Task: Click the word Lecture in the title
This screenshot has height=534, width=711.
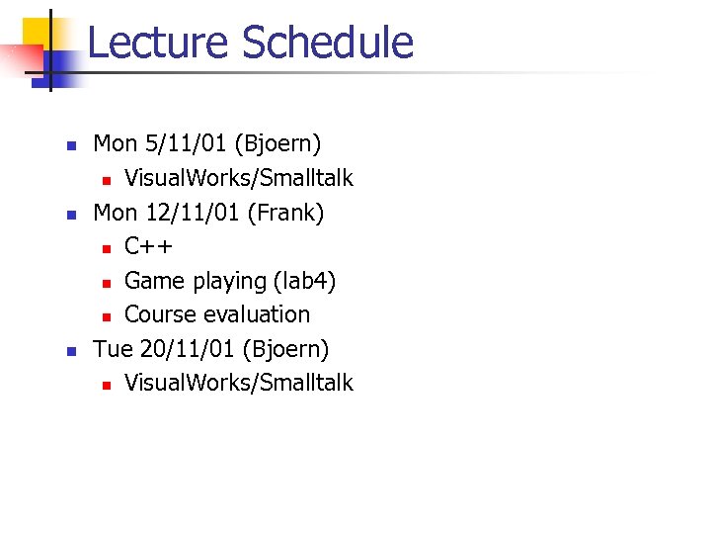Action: [158, 44]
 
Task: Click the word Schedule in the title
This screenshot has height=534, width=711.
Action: [327, 44]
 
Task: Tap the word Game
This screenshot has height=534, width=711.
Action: [154, 281]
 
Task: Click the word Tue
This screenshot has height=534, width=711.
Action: [113, 348]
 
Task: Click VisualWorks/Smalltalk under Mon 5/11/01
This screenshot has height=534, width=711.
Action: [238, 178]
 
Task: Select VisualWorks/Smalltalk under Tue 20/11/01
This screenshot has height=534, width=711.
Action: [238, 383]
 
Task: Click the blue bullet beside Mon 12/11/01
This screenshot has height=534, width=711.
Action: [70, 214]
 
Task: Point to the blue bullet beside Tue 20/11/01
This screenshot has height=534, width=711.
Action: [70, 350]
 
